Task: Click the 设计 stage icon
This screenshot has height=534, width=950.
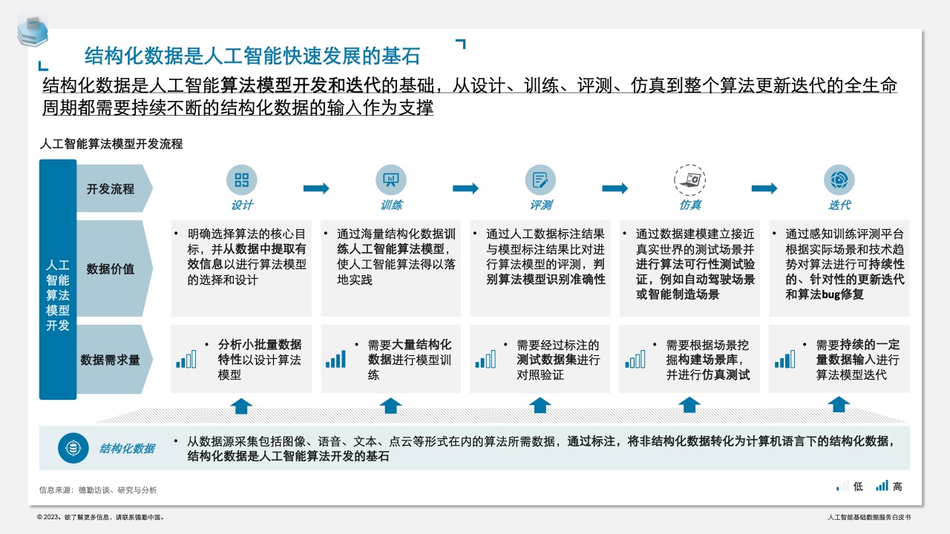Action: (x=242, y=179)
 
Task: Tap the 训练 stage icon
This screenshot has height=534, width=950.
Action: (x=391, y=179)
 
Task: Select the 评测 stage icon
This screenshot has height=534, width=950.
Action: (x=540, y=179)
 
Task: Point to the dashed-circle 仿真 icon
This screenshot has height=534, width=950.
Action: (x=690, y=180)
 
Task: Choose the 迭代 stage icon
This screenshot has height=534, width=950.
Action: (x=839, y=179)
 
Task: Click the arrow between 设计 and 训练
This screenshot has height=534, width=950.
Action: (x=316, y=188)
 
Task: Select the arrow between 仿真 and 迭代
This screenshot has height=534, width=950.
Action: (x=764, y=188)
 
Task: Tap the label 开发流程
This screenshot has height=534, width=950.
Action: (x=111, y=188)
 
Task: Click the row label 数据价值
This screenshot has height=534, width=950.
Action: (x=111, y=268)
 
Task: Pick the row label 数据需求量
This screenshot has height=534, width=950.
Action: (x=110, y=360)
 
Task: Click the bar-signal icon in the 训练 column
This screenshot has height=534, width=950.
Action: (x=335, y=360)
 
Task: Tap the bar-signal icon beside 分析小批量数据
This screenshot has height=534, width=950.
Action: (x=186, y=360)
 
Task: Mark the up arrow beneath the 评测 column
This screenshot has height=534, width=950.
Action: (x=540, y=406)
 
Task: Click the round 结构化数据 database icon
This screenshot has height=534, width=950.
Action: (x=73, y=448)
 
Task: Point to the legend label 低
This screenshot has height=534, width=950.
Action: (x=858, y=486)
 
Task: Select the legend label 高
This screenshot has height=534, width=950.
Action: (x=897, y=486)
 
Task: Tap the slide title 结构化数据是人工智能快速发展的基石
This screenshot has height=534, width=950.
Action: (x=252, y=56)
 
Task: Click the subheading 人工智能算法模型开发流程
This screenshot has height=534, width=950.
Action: (x=111, y=144)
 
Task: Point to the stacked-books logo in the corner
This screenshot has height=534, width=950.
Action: (x=33, y=30)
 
